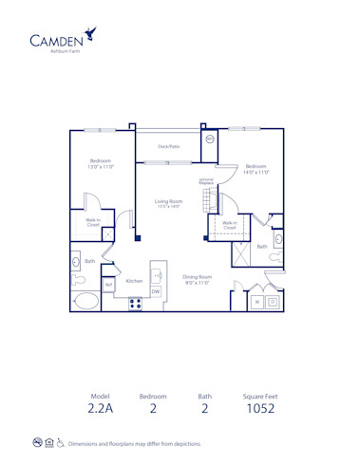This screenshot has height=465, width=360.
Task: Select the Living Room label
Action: pos(168,203)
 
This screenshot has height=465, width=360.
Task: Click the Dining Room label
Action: pos(198,279)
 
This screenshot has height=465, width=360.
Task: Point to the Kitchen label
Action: pos(135,280)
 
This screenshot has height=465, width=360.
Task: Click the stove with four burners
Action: pos(135,304)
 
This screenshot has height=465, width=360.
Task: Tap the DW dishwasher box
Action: pos(156,292)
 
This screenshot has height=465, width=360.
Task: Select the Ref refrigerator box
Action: pos(109,284)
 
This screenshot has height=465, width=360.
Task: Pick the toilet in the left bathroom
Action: pos(79,280)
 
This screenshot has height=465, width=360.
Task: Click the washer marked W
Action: pos(256,302)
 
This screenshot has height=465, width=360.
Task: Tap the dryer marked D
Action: pos(273,302)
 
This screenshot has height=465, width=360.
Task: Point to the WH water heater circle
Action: pos(210,139)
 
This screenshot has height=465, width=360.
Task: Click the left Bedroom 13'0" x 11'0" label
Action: pos(101,163)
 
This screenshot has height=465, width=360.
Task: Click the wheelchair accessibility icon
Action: pos(61,442)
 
